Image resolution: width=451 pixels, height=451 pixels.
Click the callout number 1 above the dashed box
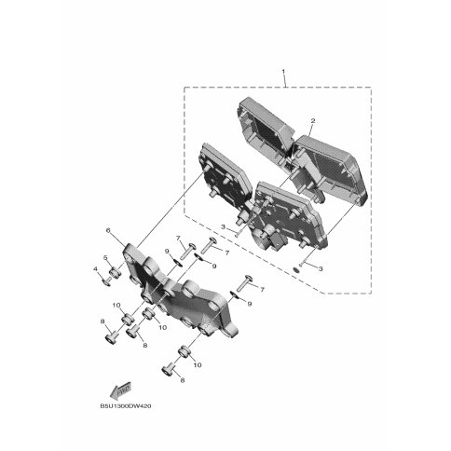click(x=283, y=72)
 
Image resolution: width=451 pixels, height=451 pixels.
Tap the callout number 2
click(x=313, y=121)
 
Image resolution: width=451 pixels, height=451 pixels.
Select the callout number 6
click(x=108, y=230)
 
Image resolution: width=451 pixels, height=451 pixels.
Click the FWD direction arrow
click(x=120, y=391)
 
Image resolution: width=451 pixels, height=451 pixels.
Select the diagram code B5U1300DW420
click(x=126, y=406)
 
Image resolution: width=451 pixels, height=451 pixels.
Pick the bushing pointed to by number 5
click(x=116, y=273)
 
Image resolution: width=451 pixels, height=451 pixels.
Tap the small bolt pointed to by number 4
click(x=106, y=281)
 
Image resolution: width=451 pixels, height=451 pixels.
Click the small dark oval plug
click(x=296, y=270)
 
